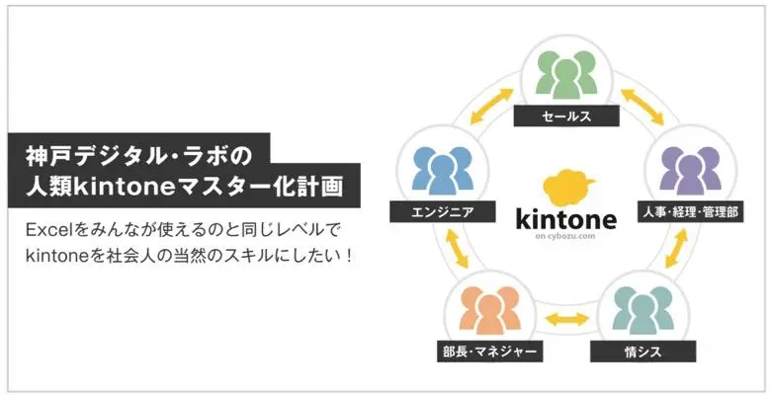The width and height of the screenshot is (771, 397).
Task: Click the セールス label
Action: point(566,117)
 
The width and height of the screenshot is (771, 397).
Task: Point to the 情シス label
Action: point(642,351)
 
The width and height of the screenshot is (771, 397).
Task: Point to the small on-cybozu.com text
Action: point(566,238)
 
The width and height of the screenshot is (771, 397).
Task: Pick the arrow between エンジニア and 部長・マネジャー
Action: point(451,252)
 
